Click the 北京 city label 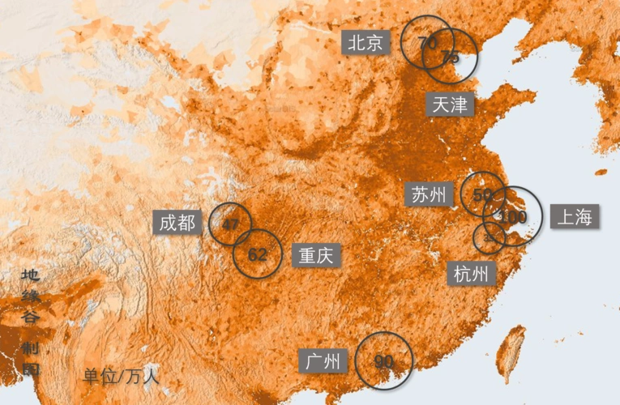366,43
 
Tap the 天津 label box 451,104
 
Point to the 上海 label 575,216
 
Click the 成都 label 177,223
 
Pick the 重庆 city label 316,256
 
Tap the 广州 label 323,361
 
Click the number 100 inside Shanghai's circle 513,217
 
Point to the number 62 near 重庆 258,254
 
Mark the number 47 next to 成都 230,224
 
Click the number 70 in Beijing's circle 428,42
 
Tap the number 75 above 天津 451,57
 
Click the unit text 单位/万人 121,377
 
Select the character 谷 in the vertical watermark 31,318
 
